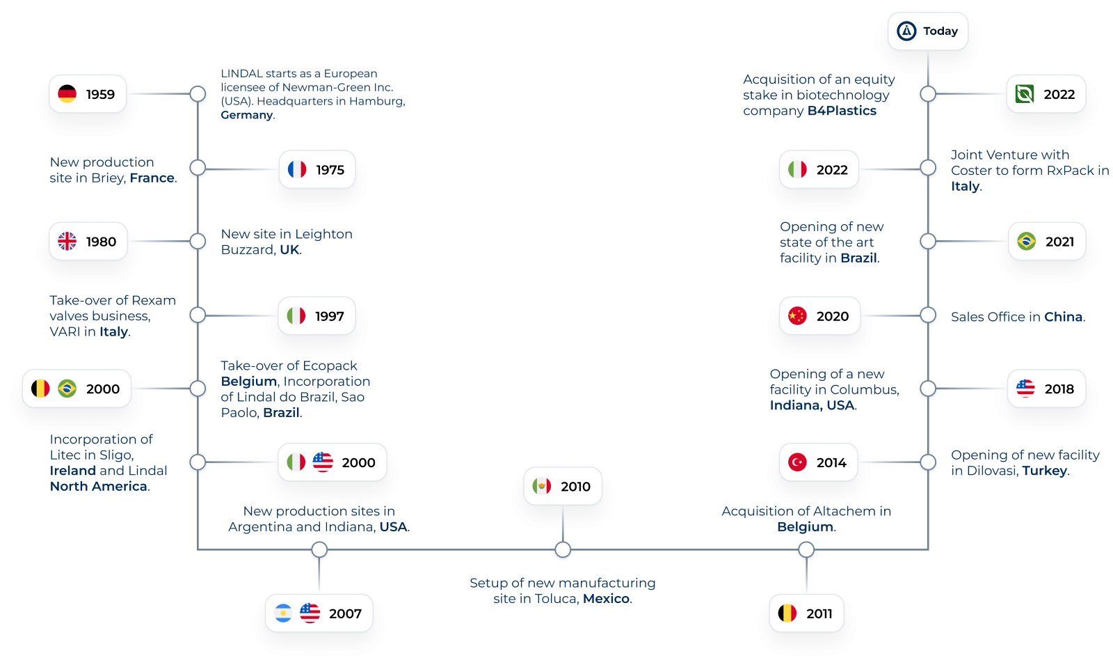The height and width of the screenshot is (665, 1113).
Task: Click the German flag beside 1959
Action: [67, 94]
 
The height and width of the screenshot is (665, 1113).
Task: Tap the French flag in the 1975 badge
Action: [297, 169]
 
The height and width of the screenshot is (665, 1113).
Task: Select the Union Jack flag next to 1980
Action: [67, 242]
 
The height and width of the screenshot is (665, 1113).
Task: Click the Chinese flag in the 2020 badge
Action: [797, 316]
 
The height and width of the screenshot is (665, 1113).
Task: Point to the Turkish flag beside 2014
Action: [797, 462]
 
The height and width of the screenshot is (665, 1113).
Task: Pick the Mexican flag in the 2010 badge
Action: [542, 486]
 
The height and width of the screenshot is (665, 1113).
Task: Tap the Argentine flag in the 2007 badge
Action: [283, 613]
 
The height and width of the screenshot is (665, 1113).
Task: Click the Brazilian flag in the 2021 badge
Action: [1026, 242]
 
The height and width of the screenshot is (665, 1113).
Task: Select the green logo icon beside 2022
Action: [1025, 94]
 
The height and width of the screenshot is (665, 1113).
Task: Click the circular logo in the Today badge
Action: [906, 31]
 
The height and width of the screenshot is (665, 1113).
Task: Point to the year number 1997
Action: [330, 316]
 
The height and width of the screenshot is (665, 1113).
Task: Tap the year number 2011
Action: [819, 613]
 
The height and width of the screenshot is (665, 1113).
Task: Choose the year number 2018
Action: [1059, 389]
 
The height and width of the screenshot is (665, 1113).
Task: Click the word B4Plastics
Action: [842, 111]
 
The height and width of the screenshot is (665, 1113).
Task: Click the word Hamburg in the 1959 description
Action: [376, 101]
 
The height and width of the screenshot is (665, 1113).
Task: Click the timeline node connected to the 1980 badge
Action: [198, 242]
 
